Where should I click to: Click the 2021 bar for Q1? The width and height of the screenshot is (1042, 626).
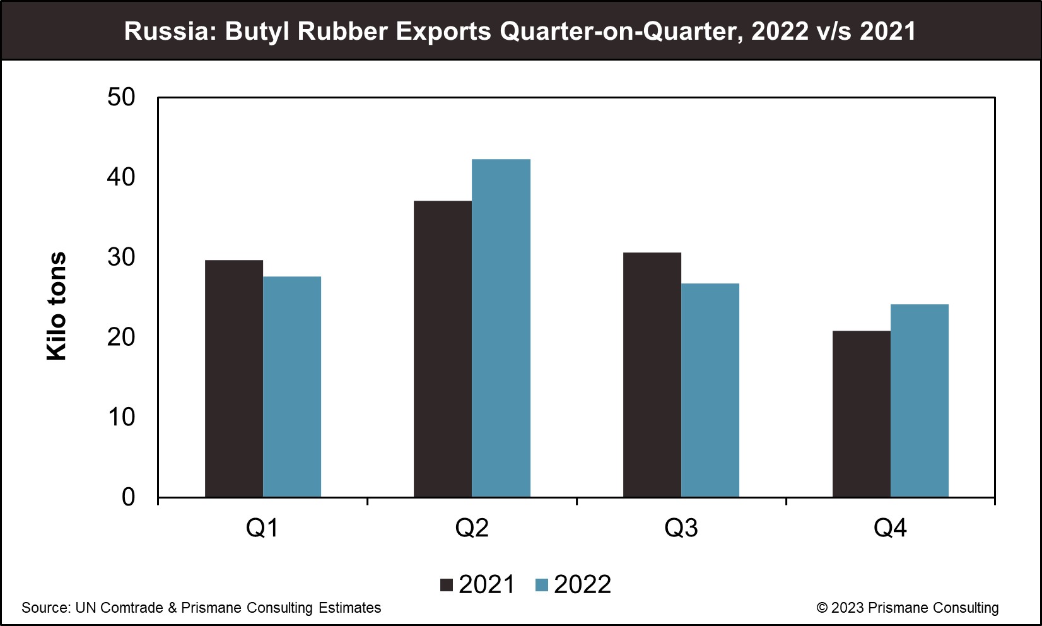(234, 379)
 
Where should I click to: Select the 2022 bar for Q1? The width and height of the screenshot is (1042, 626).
(292, 387)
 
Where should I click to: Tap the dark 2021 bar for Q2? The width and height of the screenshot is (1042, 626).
(443, 349)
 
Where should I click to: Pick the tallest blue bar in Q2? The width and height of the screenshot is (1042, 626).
(501, 328)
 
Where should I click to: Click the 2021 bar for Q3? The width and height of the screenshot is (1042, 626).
(652, 375)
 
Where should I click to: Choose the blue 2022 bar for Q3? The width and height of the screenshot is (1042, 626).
(710, 390)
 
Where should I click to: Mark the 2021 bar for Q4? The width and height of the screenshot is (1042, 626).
(862, 414)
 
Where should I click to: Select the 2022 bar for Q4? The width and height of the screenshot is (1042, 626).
(920, 401)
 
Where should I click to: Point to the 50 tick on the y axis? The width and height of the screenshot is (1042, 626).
(121, 97)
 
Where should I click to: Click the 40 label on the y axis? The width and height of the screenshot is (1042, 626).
(121, 177)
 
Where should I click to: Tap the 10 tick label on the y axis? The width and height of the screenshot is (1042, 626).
(121, 417)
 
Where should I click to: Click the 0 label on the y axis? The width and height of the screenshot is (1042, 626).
(128, 497)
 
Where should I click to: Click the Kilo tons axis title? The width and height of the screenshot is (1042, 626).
(57, 307)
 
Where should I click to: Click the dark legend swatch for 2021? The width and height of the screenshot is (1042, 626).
(447, 585)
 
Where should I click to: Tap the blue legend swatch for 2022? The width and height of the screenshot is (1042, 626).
(542, 585)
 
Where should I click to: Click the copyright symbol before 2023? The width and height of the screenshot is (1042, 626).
(822, 608)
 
